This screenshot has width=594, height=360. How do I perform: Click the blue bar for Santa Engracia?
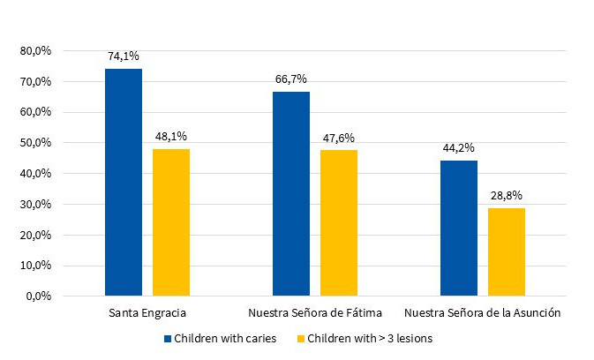pos(123,182)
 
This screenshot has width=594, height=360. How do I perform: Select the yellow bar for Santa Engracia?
pos(170,221)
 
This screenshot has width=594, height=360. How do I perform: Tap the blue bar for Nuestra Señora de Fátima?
pos(290,193)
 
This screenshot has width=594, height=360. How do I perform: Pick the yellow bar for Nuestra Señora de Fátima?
pos(338,222)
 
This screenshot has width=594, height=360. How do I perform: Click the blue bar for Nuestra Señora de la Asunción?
pos(458,228)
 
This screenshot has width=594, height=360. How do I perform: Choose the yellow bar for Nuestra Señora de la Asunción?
pos(506,251)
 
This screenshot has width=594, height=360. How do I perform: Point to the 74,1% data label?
pos(124,55)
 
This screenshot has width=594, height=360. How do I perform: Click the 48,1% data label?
pos(170,136)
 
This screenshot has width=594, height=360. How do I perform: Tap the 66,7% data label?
pos(290,79)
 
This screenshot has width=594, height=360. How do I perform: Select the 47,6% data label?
pos(338,137)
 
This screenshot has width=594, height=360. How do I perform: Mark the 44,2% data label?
pos(458,147)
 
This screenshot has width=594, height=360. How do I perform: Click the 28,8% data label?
pos(506,195)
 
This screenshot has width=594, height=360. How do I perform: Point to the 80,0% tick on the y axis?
pos(36,51)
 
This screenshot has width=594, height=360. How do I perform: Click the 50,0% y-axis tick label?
pos(36,143)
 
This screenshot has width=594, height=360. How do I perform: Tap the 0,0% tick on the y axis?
pos(39,296)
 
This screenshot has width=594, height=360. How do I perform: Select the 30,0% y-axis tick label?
pos(36,204)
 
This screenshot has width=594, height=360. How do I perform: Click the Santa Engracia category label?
pos(147,313)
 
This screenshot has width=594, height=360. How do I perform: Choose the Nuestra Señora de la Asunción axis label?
pos(482,313)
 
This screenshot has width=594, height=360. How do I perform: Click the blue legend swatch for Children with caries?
pos(168,338)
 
